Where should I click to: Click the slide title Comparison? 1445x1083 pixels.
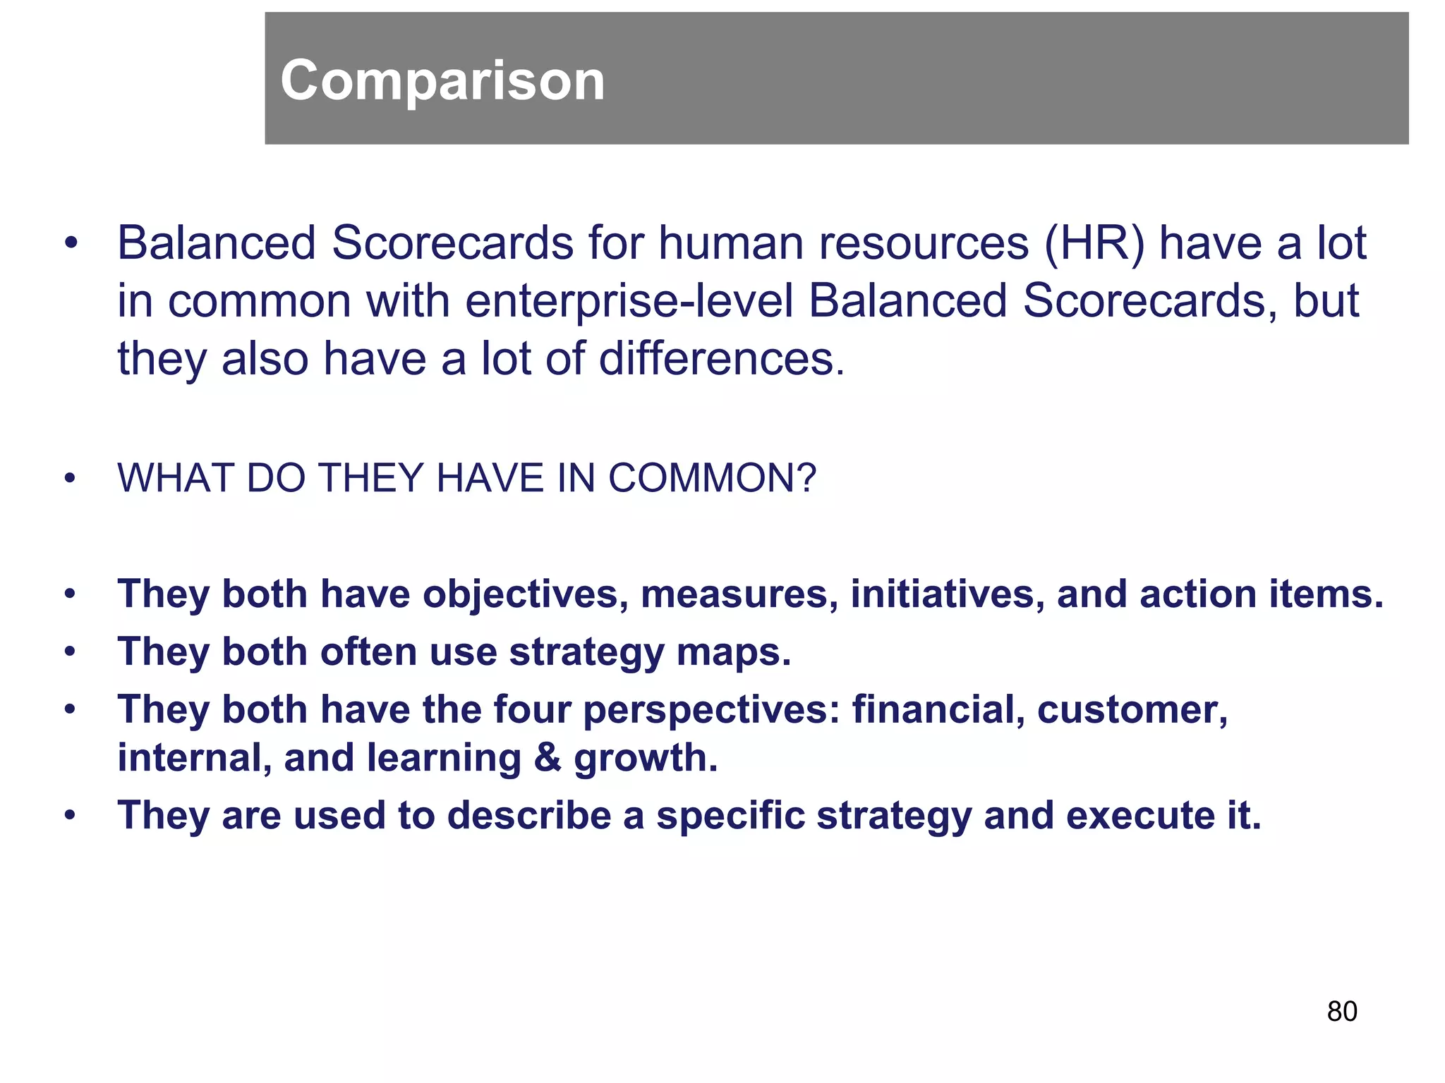[442, 80]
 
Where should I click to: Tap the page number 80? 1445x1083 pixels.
[1341, 1011]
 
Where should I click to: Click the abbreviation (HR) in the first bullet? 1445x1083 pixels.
[1094, 244]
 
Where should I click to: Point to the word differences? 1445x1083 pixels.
[720, 358]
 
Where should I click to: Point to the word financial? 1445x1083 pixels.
[938, 709]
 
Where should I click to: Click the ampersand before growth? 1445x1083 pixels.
[547, 758]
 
